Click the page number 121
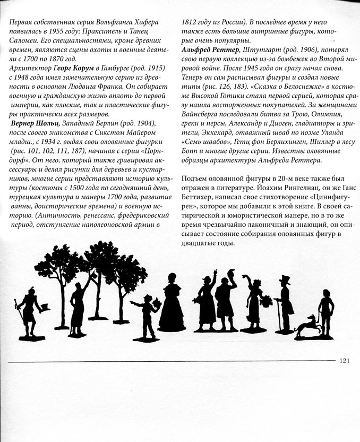point(343,361)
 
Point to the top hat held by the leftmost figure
point(45,308)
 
